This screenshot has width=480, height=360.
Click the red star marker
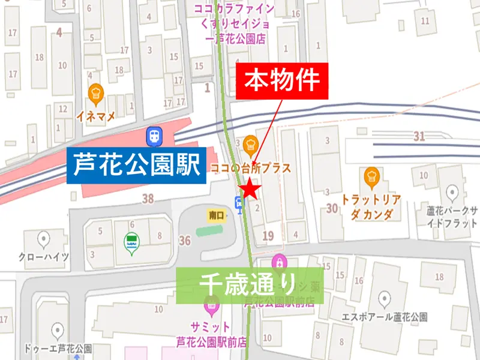click(250, 191)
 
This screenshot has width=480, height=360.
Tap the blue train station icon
click(153, 136)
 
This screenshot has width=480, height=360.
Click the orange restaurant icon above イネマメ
click(95, 94)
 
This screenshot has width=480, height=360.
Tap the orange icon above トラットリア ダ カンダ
click(371, 176)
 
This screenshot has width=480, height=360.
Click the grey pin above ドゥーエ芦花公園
click(58, 331)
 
